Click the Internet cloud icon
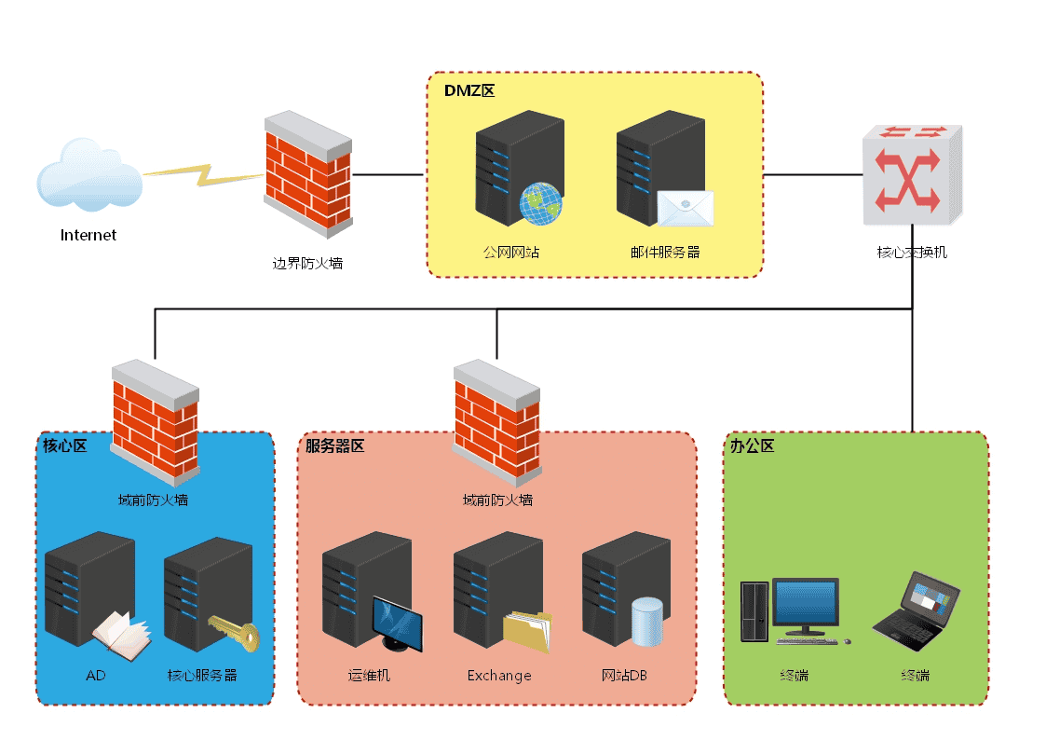[x=89, y=177]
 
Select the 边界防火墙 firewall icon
[x=307, y=173]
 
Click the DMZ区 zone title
[x=469, y=91]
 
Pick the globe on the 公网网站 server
[x=541, y=204]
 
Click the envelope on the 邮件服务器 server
[x=685, y=208]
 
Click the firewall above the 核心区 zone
[x=155, y=419]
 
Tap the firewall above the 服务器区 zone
[x=496, y=419]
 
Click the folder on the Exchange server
[x=527, y=633]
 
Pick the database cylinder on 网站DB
[x=646, y=623]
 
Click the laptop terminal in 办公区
[x=917, y=610]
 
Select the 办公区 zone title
[x=753, y=446]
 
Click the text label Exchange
[x=499, y=676]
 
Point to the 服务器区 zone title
[x=335, y=446]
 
